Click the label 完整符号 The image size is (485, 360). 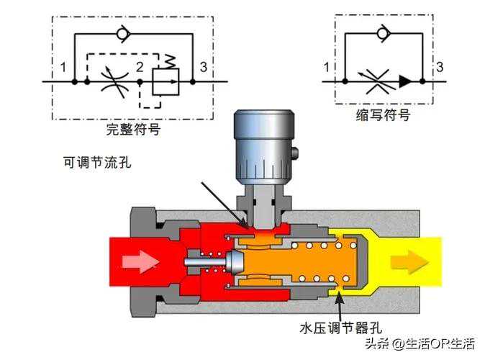click(x=132, y=130)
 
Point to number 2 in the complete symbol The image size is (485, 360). click(x=142, y=68)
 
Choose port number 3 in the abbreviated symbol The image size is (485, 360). click(x=439, y=68)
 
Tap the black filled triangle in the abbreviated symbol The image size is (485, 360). click(x=407, y=81)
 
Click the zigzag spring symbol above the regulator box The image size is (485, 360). click(x=170, y=60)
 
